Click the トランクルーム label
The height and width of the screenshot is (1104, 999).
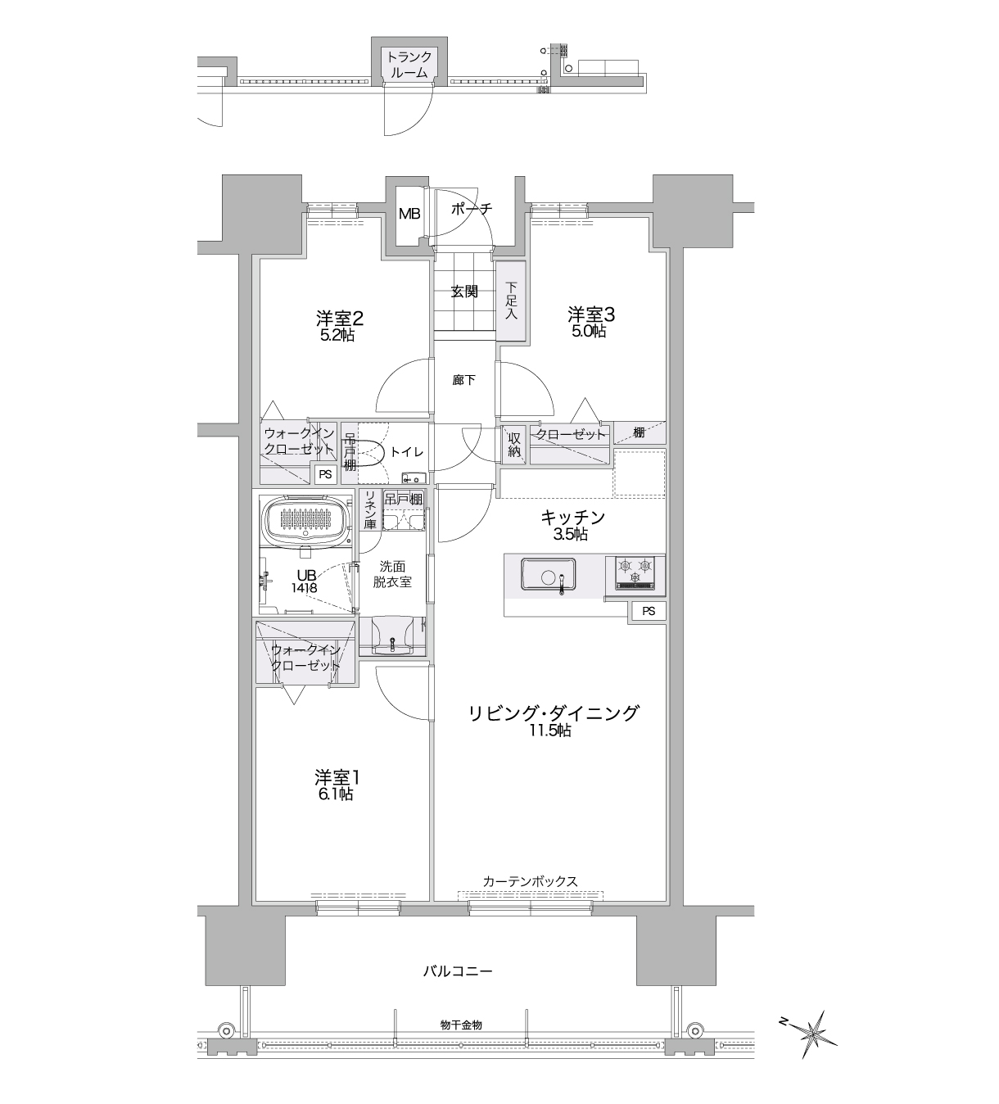coord(409,65)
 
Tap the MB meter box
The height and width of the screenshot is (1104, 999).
coord(409,214)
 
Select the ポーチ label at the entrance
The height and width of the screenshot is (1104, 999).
coord(471,209)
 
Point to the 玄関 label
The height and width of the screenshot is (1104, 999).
coord(464,292)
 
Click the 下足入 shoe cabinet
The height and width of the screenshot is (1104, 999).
coord(511,301)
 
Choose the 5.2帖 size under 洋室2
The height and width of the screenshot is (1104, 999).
coord(337,335)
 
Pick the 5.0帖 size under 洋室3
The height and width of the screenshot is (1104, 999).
coord(589,332)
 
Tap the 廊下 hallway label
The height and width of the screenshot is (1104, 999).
coord(464,380)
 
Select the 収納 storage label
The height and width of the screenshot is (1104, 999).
coord(514,446)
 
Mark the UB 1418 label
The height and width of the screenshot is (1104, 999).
coord(305,581)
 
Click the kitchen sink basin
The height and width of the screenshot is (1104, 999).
coord(548,577)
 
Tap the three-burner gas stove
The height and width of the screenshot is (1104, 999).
coord(635,573)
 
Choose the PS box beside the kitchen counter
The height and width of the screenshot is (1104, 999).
coord(649,611)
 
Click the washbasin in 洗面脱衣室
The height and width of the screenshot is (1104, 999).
coord(392,635)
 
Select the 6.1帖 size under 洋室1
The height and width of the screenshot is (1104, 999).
coord(336,794)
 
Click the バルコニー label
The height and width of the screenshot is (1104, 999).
coord(458,971)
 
